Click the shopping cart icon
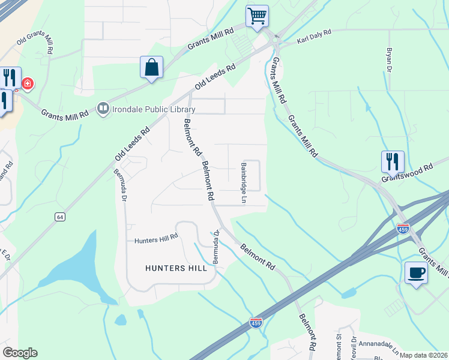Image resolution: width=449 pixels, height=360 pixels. pos(257,16)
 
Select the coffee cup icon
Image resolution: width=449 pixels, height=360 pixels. pos(416,273)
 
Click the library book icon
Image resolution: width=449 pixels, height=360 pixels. pos(103,109)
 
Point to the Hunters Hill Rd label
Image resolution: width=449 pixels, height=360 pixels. pos(156,238)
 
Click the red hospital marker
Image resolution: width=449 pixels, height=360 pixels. pos(27,83)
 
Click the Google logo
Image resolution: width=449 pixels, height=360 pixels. pos(20,353)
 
